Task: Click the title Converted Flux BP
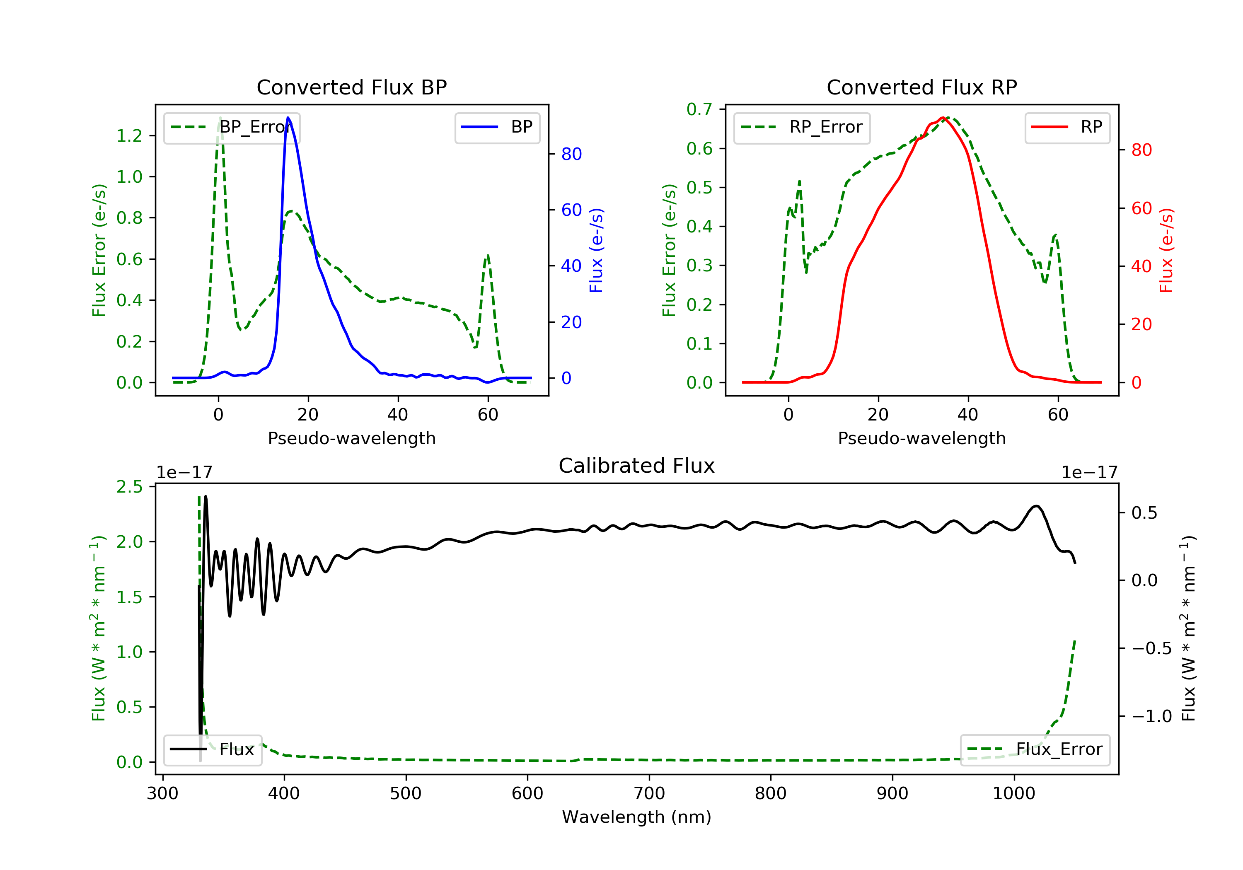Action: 351,87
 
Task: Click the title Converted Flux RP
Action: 921,87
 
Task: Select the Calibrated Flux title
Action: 637,466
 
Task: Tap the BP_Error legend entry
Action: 232,127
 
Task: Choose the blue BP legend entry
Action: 497,127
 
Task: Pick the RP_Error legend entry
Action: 802,127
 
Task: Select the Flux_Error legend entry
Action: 1035,749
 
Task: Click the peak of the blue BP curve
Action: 288,118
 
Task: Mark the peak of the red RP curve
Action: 943,118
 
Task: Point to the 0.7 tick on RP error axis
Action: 699,109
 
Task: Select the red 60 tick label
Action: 1142,208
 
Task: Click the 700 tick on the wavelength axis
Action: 649,794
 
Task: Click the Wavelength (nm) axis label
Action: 637,817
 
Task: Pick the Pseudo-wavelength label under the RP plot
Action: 921,438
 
